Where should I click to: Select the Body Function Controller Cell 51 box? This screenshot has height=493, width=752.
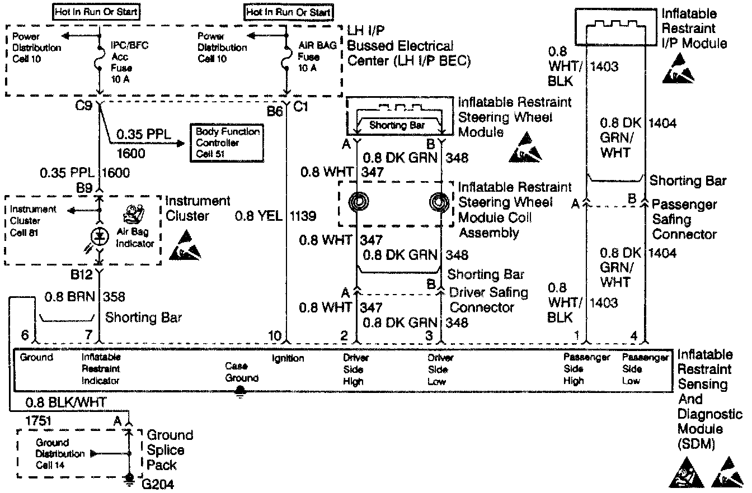227,143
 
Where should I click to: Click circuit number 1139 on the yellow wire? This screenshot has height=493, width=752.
303,216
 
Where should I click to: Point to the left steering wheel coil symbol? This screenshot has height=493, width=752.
356,202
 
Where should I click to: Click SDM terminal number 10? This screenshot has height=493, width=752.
274,336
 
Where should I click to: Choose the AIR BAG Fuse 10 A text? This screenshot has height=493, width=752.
310,57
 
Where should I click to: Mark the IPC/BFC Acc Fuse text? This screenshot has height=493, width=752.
121,57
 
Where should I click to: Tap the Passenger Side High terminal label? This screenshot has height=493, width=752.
585,369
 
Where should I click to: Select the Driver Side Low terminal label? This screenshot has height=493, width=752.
440,369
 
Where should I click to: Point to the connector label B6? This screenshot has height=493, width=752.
274,111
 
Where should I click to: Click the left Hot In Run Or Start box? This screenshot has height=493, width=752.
96,11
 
